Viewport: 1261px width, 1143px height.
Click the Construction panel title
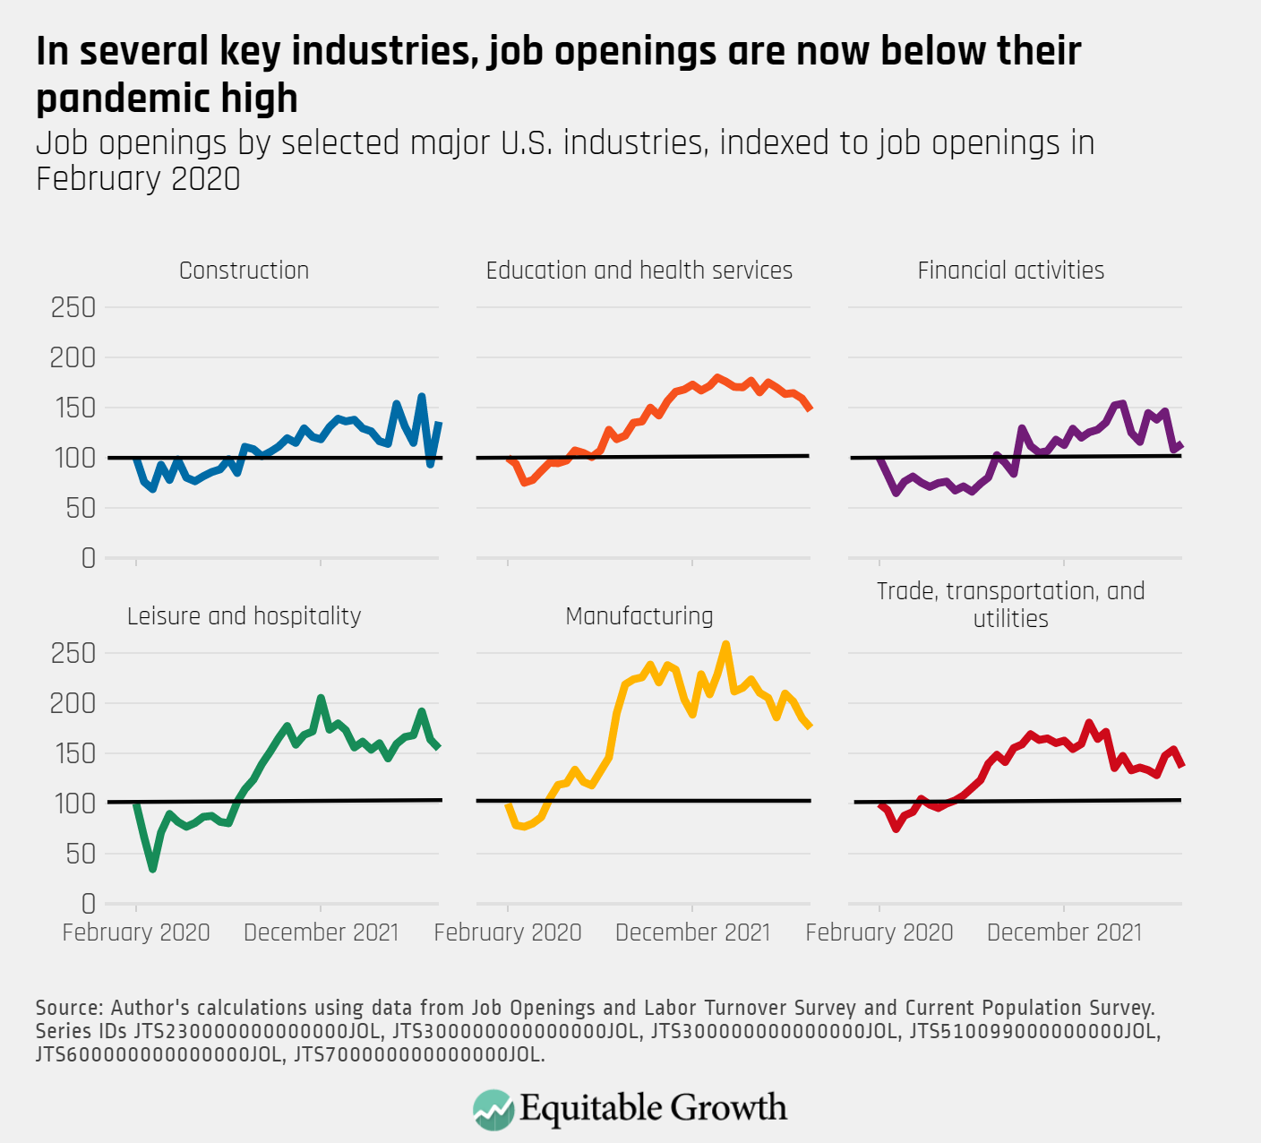click(x=244, y=271)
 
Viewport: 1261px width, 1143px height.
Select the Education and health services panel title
click(x=639, y=271)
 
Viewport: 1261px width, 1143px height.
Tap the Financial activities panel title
click(x=1010, y=271)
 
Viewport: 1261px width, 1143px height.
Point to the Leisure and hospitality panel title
click(x=244, y=616)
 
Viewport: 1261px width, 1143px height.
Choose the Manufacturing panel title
click(x=639, y=616)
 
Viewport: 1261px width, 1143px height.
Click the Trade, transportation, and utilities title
click(x=1010, y=605)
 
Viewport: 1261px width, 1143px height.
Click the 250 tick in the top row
click(x=73, y=308)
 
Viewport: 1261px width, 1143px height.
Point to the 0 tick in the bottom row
click(x=88, y=904)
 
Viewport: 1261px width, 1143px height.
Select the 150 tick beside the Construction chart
click(x=73, y=408)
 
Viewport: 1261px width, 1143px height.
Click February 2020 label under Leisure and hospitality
click(x=136, y=932)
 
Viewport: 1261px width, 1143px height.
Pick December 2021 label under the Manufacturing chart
click(x=692, y=932)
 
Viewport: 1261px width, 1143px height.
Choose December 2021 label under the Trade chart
click(x=1064, y=932)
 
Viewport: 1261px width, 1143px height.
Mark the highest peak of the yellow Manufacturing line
click(x=725, y=644)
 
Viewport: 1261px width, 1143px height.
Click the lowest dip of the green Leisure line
click(x=153, y=868)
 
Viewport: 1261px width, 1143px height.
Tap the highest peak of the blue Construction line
click(x=422, y=396)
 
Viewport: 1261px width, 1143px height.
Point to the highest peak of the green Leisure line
click(x=321, y=698)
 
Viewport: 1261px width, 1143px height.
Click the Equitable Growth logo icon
click(x=493, y=1109)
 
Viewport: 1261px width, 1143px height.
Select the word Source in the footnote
click(x=69, y=1008)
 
